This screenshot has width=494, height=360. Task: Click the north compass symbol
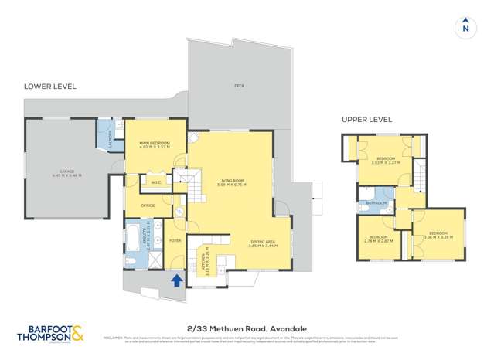[465, 26]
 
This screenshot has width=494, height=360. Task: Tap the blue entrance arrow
[176, 280]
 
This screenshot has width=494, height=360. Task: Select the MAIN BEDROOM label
[155, 144]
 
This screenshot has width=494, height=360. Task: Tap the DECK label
[240, 85]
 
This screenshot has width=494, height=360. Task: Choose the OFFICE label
[147, 205]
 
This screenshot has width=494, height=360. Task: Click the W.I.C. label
[154, 183]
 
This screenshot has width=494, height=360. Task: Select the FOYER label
[175, 240]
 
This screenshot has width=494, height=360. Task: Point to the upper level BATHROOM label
[376, 203]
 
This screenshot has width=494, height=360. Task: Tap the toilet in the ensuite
[131, 261]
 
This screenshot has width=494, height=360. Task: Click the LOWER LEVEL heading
[49, 87]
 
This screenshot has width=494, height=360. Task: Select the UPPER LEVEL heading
[366, 120]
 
